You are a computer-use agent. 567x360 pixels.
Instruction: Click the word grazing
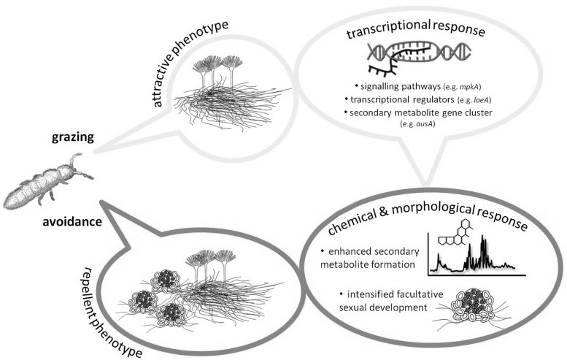(x=73, y=137)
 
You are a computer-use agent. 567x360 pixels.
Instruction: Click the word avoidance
(x=72, y=221)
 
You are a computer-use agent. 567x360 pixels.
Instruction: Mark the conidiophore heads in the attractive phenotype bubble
(x=217, y=62)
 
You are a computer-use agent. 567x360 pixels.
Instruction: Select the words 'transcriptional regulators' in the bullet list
(x=402, y=99)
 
